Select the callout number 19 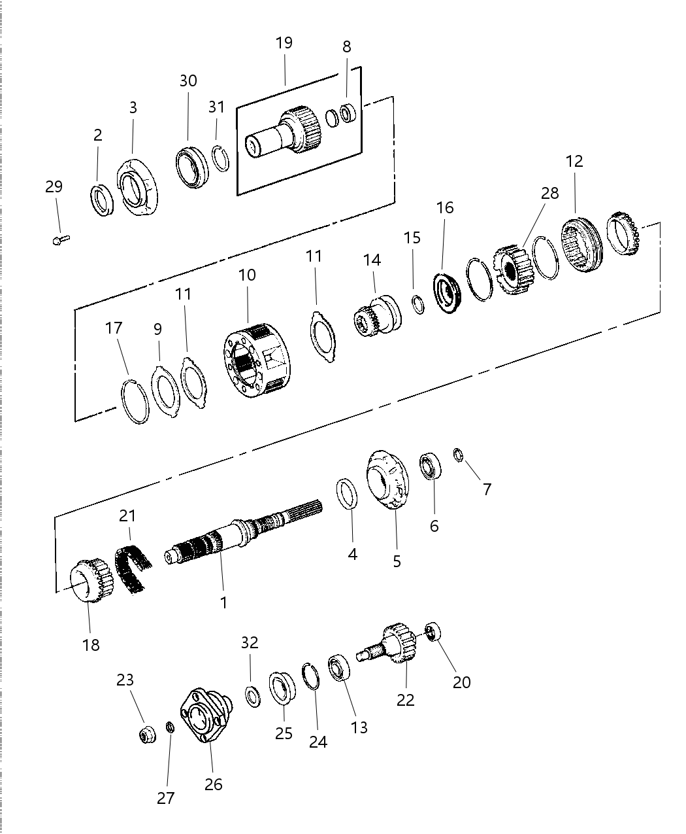click(x=284, y=44)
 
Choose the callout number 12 click(x=574, y=161)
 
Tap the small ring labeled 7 click(x=459, y=455)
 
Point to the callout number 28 click(x=550, y=193)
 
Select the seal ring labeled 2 click(x=103, y=199)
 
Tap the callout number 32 click(x=250, y=643)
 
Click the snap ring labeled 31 click(x=220, y=158)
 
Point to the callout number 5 click(x=397, y=561)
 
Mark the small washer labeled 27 click(x=169, y=727)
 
